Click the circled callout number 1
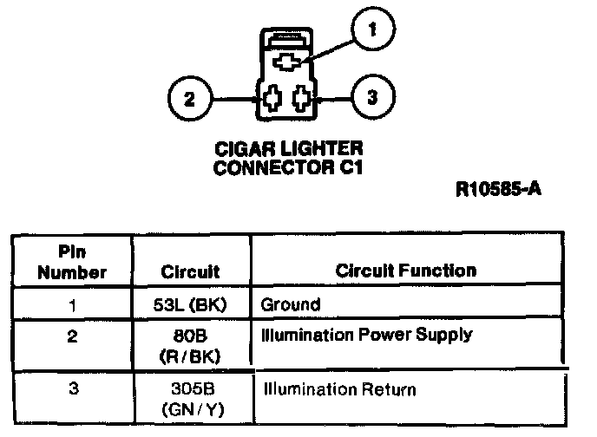373,29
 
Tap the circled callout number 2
190,99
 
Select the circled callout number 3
373,97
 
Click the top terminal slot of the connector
287,62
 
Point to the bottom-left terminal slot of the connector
272,99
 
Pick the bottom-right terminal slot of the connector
302,99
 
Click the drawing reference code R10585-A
498,189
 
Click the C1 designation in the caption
351,167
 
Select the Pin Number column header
72,262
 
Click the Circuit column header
190,271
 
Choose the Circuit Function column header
406,271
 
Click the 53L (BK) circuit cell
190,304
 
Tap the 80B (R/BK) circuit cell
190,346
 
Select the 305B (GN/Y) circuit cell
193,399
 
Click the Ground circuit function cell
291,304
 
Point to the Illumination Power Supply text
367,335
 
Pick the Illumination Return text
340,389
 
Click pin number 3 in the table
74,388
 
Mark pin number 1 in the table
72,305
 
